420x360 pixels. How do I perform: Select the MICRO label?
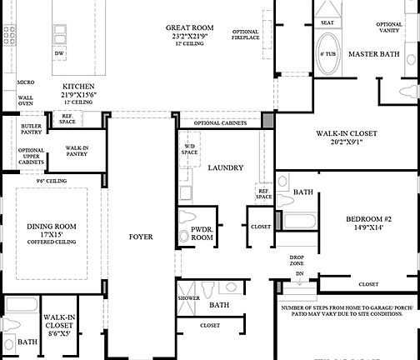coord(25,82)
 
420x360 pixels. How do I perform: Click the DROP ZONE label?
coord(296,261)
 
